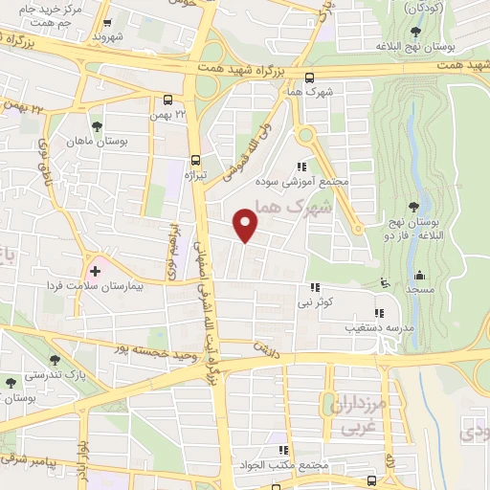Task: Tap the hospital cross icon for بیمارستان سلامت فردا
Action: pyautogui.click(x=95, y=271)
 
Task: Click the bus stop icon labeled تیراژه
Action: pyautogui.click(x=195, y=161)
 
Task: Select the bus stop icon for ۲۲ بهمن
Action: pyautogui.click(x=168, y=100)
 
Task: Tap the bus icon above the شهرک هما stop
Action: pyautogui.click(x=307, y=79)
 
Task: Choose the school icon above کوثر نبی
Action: pyautogui.click(x=313, y=287)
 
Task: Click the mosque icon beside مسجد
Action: pyautogui.click(x=385, y=283)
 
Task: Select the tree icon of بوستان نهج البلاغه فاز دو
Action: pyautogui.click(x=412, y=207)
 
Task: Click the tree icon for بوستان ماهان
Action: pyautogui.click(x=95, y=125)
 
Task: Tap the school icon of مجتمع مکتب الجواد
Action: pyautogui.click(x=282, y=450)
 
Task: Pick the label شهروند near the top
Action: pyautogui.click(x=108, y=36)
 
